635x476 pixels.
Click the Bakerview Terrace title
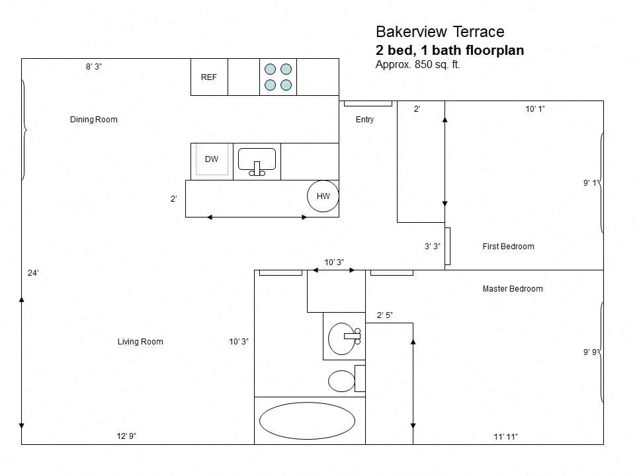[x=440, y=32]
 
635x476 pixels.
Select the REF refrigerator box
[x=209, y=77]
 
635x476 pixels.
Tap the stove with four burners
[x=278, y=77]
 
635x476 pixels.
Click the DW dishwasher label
[x=212, y=159]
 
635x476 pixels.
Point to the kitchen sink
[x=257, y=161]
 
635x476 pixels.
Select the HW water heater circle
[x=323, y=196]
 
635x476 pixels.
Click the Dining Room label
[x=93, y=120]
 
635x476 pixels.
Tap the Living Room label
[x=140, y=342]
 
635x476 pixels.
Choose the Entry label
[x=364, y=120]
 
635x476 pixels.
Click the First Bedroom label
[x=508, y=247]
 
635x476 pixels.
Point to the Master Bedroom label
[x=513, y=289]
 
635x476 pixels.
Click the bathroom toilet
[x=342, y=381]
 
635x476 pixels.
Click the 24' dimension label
[x=33, y=273]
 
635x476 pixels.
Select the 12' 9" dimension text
[x=126, y=436]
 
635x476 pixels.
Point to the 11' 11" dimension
[x=505, y=436]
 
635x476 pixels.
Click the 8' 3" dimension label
[x=94, y=67]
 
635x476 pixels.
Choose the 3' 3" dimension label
[x=432, y=247]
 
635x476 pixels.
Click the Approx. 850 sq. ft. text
[x=417, y=65]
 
